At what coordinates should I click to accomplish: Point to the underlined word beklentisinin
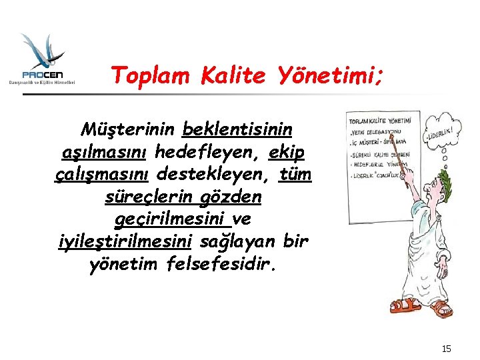pos(236,127)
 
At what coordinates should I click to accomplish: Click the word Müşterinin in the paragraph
pos(127,127)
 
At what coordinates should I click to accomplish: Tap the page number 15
pos(447,348)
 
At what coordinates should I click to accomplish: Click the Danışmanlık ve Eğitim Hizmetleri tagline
pos(42,82)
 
